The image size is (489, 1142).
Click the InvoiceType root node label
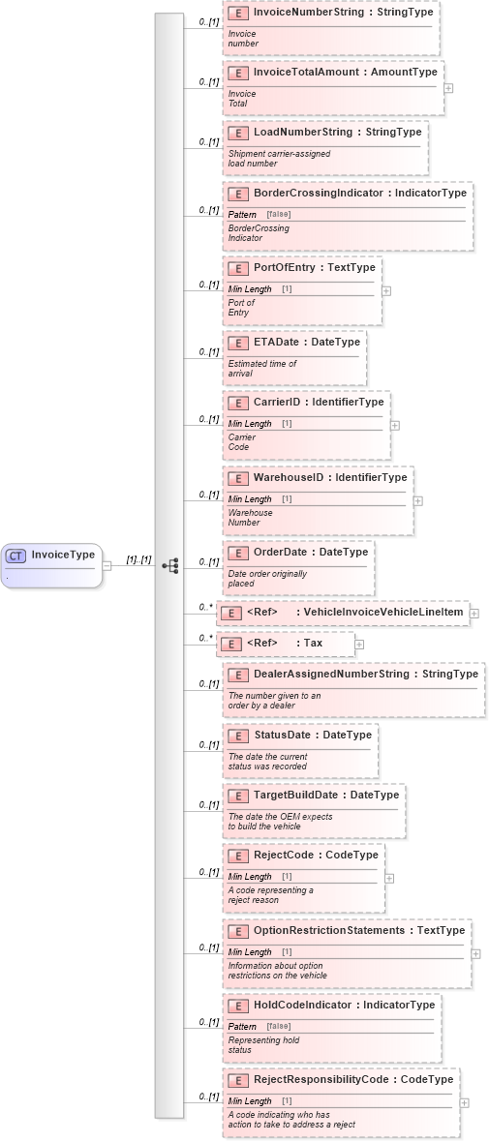63,555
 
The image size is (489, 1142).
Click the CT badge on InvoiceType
15,556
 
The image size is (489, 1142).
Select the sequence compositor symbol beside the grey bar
170,566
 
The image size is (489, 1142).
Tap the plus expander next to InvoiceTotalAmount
448,87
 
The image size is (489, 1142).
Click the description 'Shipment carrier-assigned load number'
265,159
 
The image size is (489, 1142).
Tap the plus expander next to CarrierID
395,425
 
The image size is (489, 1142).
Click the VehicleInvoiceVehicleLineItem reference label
382,612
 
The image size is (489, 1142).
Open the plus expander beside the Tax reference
359,644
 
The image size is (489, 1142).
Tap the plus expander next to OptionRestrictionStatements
476,953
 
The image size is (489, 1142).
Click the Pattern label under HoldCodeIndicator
242,1026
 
